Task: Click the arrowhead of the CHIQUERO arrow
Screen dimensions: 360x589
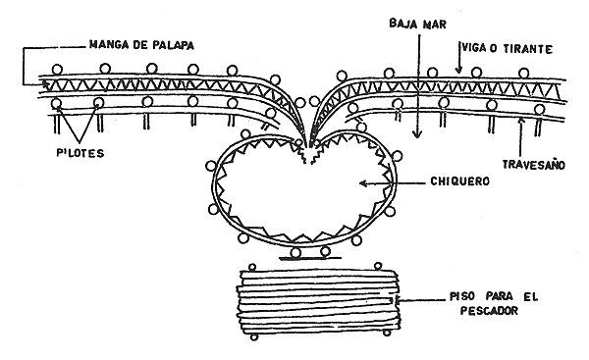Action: (x=360, y=181)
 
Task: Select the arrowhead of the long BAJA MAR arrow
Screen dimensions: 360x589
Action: (x=417, y=143)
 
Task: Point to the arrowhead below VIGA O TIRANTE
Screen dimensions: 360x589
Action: (x=457, y=72)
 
